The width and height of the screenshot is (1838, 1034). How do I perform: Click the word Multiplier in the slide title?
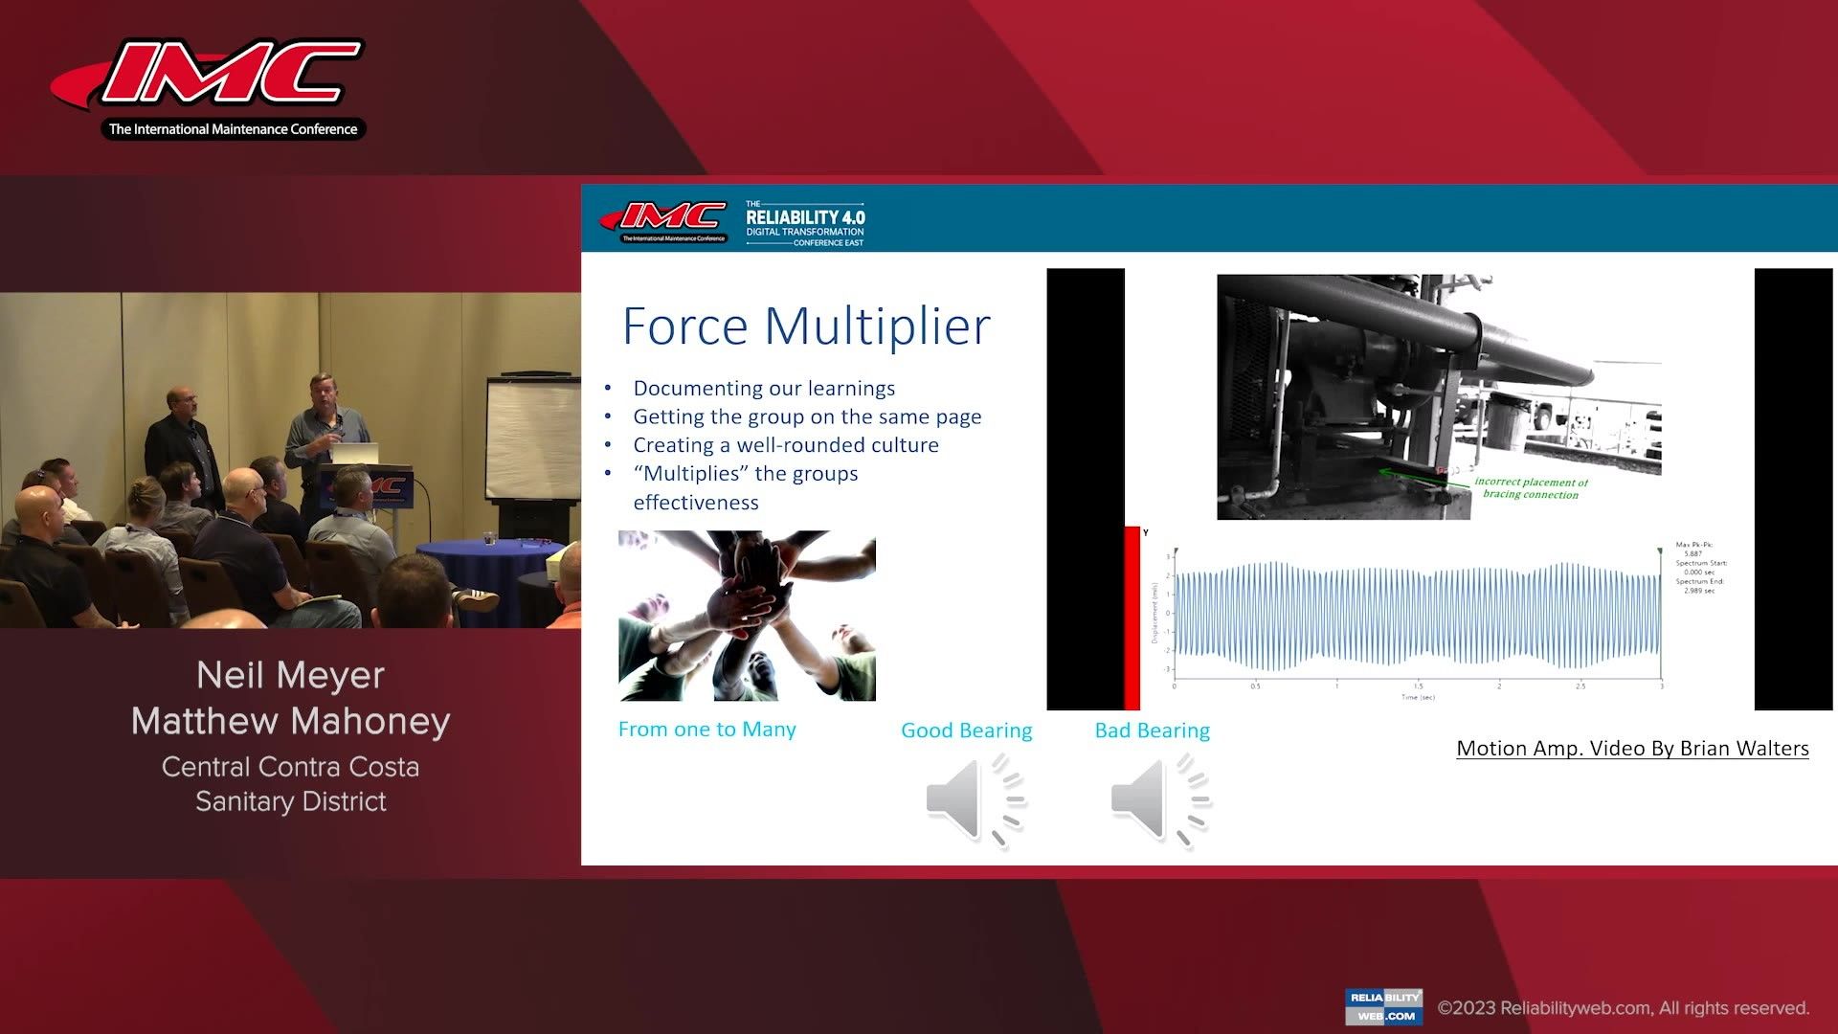click(876, 326)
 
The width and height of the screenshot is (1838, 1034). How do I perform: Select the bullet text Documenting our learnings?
click(764, 388)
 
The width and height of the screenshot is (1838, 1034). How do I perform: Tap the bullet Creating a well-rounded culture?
click(785, 445)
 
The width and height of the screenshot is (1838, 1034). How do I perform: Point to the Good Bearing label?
click(966, 731)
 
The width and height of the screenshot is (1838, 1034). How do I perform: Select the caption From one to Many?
click(706, 730)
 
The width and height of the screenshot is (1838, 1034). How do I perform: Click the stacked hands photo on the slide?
click(747, 616)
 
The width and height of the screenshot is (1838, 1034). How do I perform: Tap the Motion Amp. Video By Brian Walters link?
click(1632, 749)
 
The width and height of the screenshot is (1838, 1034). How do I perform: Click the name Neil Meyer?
click(290, 676)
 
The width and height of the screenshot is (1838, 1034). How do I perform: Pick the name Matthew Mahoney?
click(290, 721)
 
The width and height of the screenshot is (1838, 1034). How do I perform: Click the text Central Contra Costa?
click(290, 767)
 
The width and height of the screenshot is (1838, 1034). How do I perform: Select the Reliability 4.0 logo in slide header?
click(804, 223)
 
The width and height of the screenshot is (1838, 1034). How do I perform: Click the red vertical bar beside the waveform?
click(1132, 618)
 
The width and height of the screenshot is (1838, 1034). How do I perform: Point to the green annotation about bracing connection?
click(1530, 488)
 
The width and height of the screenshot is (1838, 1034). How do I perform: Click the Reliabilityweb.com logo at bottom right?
click(1383, 1006)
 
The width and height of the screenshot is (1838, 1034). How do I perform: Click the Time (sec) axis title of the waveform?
click(1418, 697)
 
